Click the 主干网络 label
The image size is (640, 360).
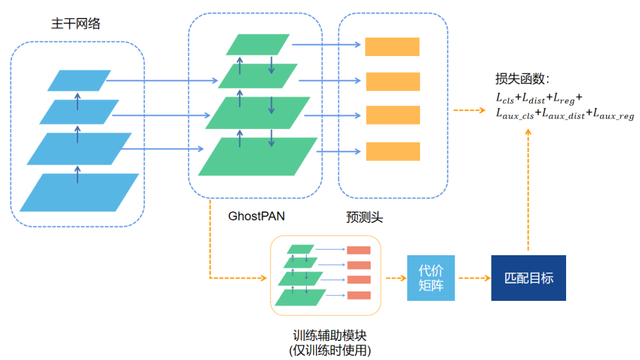click(76, 24)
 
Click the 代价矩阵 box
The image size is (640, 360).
click(431, 277)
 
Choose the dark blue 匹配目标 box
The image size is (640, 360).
click(528, 277)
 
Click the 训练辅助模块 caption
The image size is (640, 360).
click(330, 336)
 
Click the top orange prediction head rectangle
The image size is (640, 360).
click(392, 47)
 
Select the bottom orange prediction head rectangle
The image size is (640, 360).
click(392, 152)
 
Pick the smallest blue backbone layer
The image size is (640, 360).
click(79, 80)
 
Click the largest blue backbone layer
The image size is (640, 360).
click(79, 192)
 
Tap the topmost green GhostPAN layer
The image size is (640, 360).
click(257, 44)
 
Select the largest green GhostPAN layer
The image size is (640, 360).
click(257, 156)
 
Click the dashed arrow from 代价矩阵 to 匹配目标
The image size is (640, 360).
click(472, 278)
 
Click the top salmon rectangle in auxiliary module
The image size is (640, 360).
click(358, 250)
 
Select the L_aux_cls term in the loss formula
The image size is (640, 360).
click(515, 115)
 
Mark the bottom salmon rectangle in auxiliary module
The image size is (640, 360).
click(358, 295)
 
